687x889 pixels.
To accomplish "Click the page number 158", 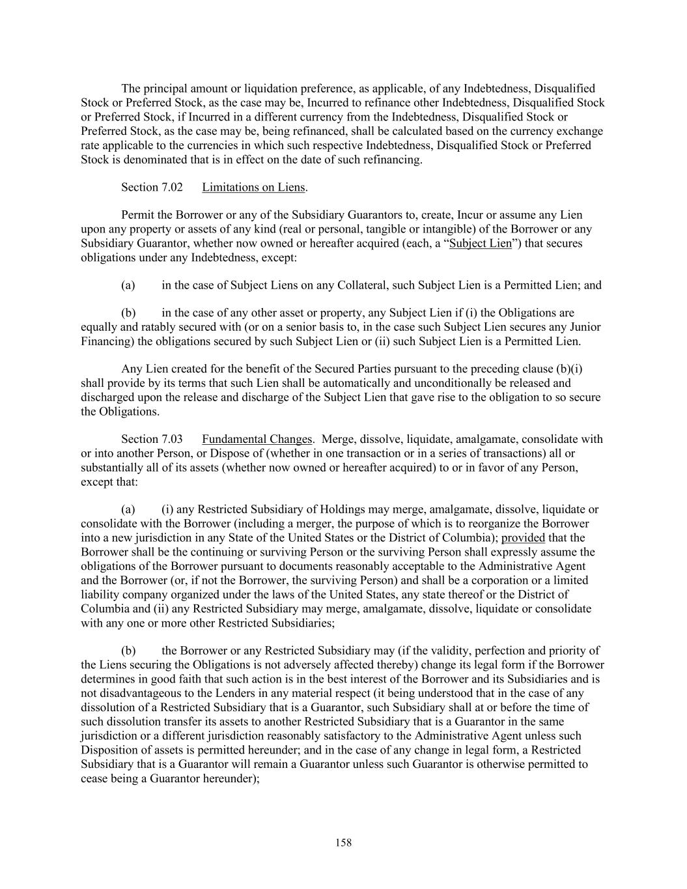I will coord(343,843).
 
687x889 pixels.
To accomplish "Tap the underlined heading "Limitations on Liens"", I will coord(253,187).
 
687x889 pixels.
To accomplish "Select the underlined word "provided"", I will coord(523,538).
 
